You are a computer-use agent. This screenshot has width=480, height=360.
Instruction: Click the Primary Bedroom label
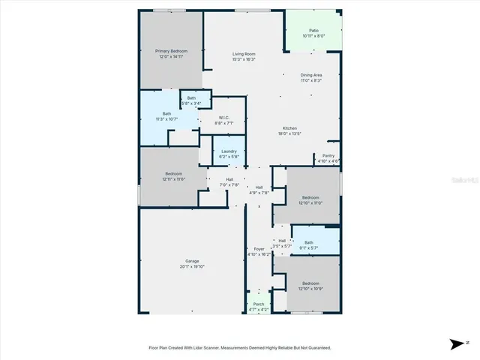coord(170,51)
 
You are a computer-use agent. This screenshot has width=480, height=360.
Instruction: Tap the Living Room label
coord(244,54)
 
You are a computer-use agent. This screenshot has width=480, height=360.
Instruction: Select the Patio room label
coord(313,30)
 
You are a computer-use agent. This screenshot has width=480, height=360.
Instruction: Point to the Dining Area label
coord(311,75)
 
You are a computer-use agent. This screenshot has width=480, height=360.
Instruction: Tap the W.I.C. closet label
coord(223,117)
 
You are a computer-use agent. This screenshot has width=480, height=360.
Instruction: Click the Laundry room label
coord(229,151)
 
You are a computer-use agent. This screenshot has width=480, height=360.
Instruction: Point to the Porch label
coord(259,304)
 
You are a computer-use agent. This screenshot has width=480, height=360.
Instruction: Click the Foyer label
coord(259,249)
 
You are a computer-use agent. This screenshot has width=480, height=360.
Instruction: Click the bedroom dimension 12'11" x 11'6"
coord(174,178)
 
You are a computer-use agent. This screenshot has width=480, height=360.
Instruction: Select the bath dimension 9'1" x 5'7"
coord(310,247)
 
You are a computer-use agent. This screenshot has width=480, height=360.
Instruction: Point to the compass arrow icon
coord(457,343)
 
